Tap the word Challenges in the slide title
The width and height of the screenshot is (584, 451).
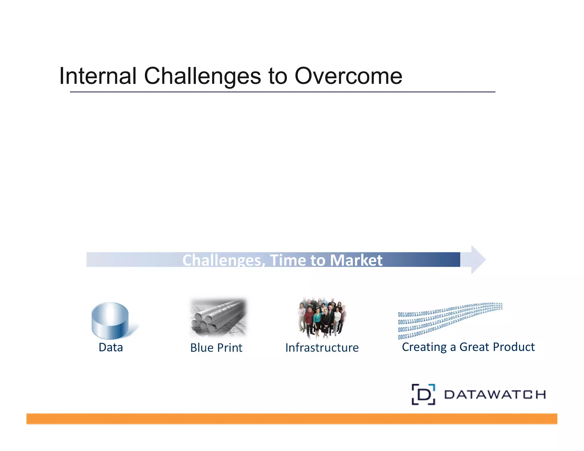pos(202,76)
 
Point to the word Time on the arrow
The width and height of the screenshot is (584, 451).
pos(288,260)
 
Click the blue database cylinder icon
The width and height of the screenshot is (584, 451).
pos(110,320)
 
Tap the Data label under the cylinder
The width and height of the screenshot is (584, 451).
pos(111,347)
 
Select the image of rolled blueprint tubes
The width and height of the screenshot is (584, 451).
pos(218,317)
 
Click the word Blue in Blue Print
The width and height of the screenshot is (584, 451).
pos(202,348)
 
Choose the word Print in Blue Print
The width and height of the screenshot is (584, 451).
pos(230,348)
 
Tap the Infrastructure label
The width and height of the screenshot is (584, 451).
pos(322,348)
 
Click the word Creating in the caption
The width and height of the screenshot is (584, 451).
pos(424,347)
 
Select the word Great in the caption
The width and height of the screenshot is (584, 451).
pos(474,347)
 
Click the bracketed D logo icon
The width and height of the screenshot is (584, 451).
pos(423,394)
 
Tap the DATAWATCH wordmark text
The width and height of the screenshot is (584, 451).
pos(495,395)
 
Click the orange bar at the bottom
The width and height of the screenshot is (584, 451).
pos(291,419)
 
